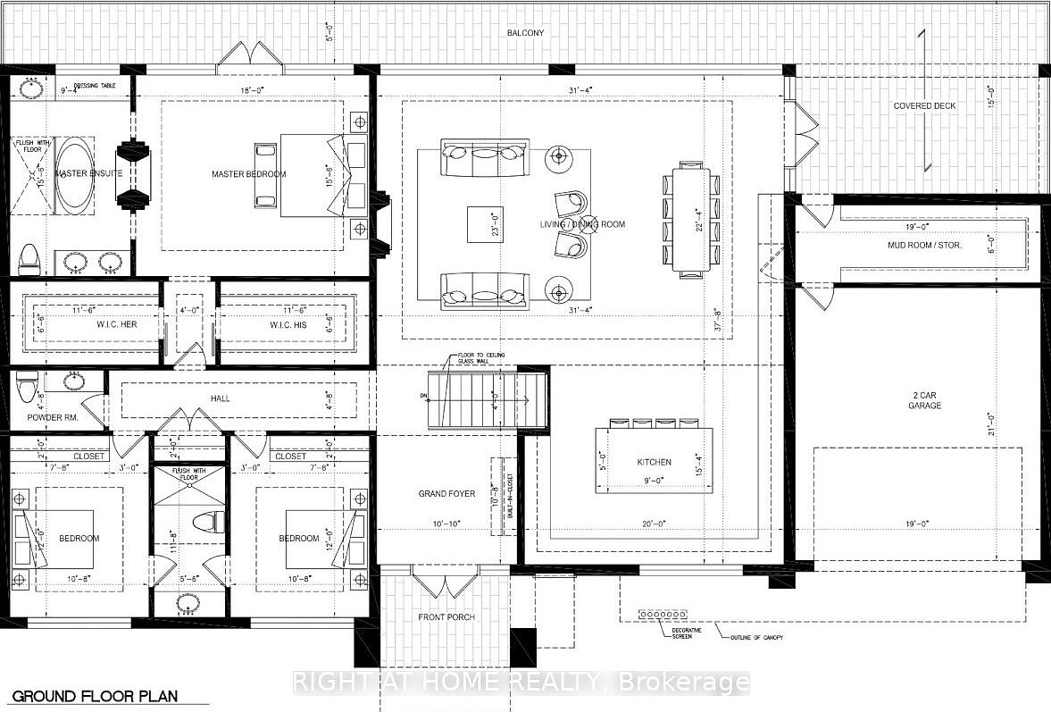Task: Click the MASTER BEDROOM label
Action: (248, 174)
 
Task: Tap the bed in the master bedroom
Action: (308, 174)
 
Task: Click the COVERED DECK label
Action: (924, 106)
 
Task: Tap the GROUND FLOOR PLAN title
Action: (95, 696)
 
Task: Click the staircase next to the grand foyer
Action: (487, 399)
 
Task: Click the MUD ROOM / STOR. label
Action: (924, 243)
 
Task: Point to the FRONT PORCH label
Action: (446, 617)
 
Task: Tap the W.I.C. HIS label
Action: (288, 325)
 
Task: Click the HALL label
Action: (220, 398)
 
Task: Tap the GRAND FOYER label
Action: (446, 493)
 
